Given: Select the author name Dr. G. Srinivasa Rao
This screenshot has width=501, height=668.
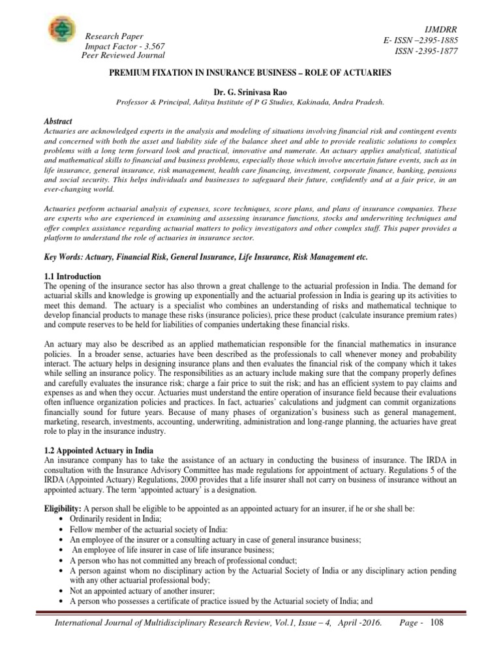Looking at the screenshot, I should point(250,93).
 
